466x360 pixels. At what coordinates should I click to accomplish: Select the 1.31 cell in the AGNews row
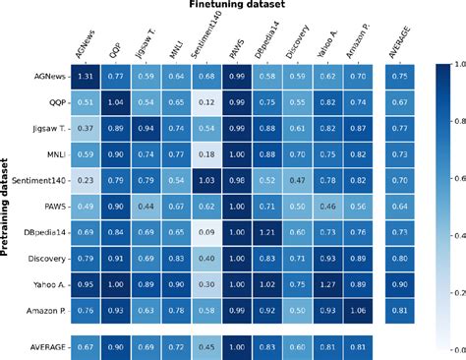86,76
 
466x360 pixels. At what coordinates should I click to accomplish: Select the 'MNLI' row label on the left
54,151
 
